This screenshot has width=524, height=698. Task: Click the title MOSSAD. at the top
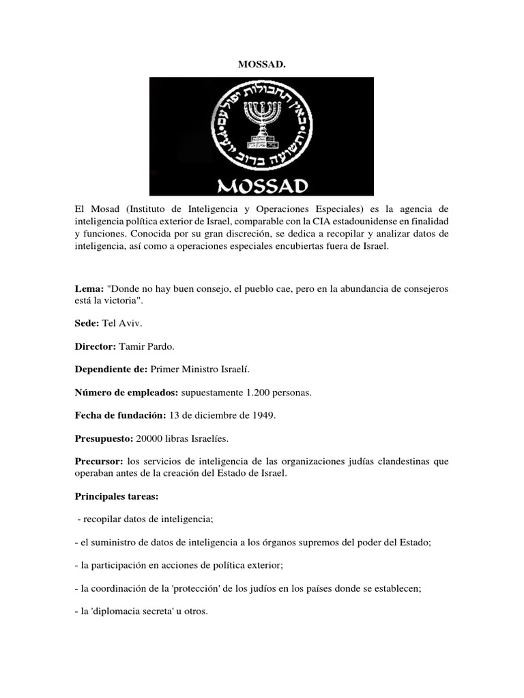click(261, 64)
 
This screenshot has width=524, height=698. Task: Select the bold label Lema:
click(89, 289)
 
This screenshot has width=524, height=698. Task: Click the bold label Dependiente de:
click(114, 369)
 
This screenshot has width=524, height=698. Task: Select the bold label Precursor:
click(99, 461)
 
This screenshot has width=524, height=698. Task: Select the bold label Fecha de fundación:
click(121, 416)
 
